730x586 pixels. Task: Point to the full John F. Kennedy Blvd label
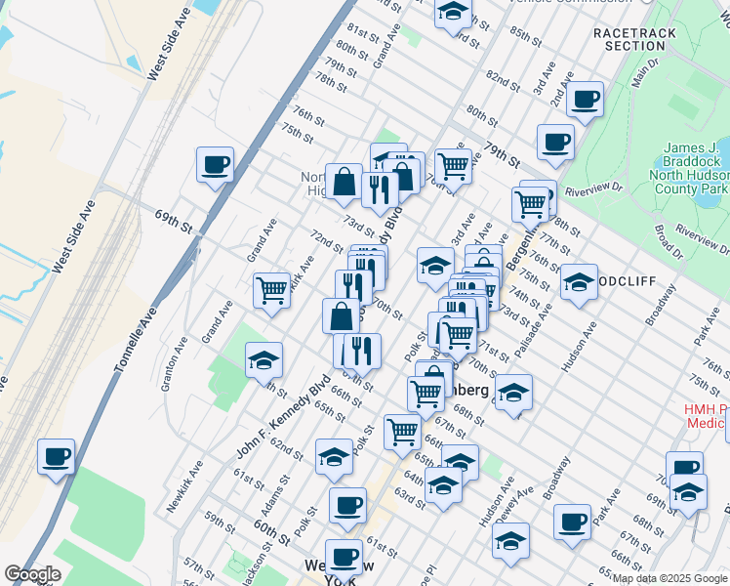(282, 414)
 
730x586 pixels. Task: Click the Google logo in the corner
(32, 574)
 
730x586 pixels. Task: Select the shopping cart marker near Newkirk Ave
(271, 289)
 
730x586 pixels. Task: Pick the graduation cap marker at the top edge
(453, 12)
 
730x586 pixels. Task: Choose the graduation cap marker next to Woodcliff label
(579, 281)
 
